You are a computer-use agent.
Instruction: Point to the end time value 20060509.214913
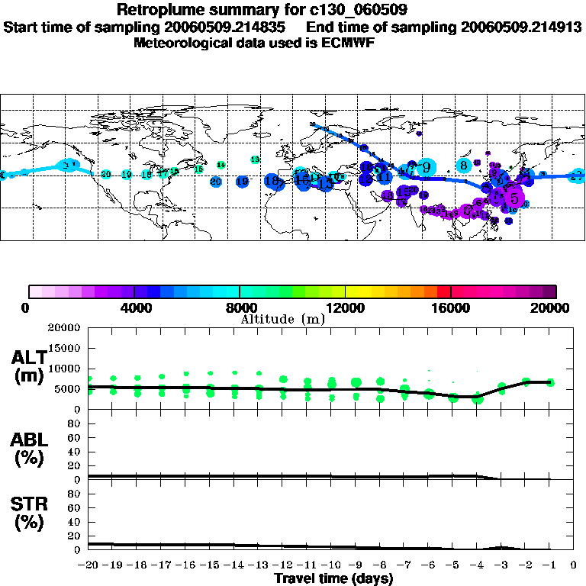point(521,27)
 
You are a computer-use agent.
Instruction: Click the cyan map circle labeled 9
point(426,167)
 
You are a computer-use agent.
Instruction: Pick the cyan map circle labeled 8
point(463,165)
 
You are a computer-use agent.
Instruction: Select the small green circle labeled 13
point(255,159)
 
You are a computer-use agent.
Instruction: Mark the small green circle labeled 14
point(221,165)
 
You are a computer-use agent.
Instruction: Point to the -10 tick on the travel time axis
point(330,565)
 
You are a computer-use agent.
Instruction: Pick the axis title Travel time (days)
point(333,578)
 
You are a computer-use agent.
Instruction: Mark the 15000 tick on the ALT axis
point(65,349)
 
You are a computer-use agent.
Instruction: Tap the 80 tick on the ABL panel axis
point(74,424)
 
